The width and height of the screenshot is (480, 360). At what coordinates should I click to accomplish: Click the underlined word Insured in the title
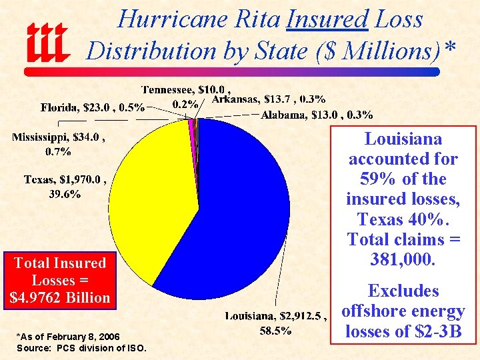coord(327,19)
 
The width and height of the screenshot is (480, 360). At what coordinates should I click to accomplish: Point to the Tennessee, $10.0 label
coord(186,89)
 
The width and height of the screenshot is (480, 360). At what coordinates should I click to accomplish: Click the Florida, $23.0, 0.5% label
coord(92,107)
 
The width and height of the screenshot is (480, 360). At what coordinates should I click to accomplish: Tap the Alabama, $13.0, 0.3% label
coord(316,115)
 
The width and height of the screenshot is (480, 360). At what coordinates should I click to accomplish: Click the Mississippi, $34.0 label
coord(58,138)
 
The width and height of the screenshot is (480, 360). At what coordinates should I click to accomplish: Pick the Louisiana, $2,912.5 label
coord(276,316)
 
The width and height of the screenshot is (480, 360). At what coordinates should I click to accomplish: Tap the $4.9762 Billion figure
coord(60,298)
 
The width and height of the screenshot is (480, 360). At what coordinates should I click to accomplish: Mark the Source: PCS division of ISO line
coord(81,349)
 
